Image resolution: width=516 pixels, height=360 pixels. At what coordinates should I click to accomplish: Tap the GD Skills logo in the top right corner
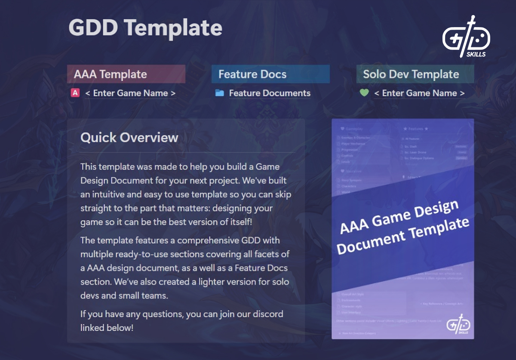[x=466, y=37]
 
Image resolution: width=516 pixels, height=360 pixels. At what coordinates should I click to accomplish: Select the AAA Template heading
[x=111, y=74]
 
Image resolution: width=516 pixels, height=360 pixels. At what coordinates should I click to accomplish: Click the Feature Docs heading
[x=252, y=74]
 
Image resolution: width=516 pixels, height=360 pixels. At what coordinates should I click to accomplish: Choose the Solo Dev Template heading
[x=411, y=74]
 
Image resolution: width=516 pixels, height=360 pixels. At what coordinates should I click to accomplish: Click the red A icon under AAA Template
[x=75, y=93]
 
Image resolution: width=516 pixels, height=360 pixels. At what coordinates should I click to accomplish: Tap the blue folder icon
[x=219, y=93]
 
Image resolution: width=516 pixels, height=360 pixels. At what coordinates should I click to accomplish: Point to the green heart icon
[x=364, y=93]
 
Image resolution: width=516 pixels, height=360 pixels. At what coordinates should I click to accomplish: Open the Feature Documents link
[x=270, y=93]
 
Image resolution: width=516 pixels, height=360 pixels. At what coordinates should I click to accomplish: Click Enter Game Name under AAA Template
[x=130, y=93]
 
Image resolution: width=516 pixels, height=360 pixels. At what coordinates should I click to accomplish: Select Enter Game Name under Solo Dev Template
[x=419, y=93]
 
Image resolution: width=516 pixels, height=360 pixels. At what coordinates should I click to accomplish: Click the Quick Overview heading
[x=129, y=138]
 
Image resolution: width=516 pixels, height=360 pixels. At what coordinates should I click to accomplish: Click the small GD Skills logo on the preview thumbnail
[x=458, y=325]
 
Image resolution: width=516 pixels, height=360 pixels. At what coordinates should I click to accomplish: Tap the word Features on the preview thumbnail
[x=416, y=129]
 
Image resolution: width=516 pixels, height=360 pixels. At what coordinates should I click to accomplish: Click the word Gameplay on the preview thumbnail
[x=354, y=129]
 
